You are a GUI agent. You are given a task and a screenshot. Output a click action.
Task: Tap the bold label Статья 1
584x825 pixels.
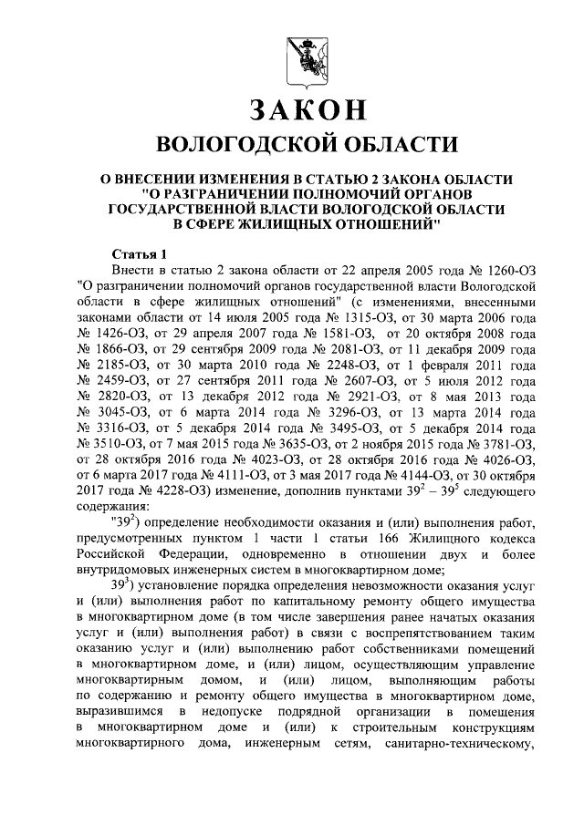click(140, 253)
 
